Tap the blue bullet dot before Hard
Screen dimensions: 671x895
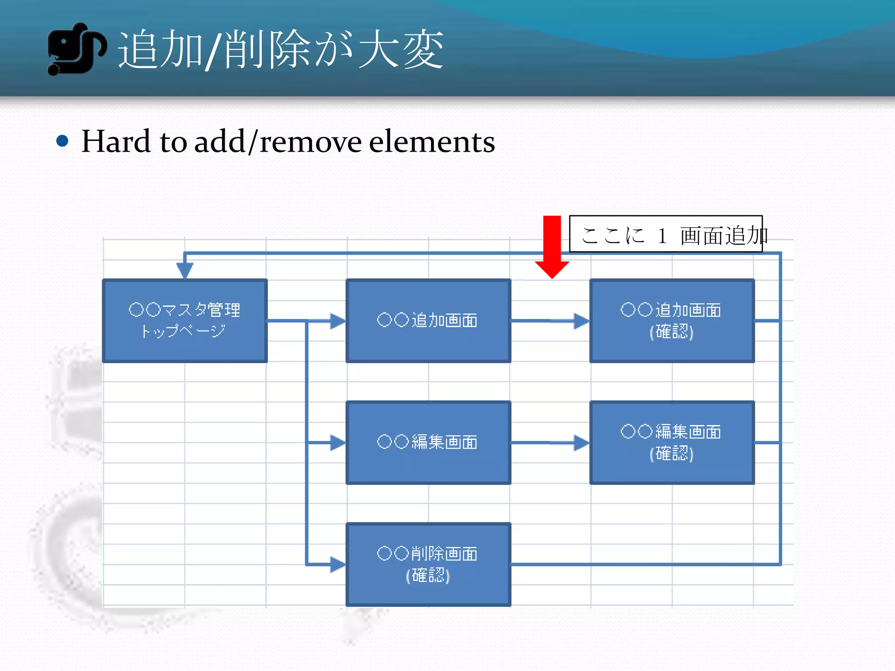[x=62, y=141]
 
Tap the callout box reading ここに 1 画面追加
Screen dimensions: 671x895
[x=666, y=234]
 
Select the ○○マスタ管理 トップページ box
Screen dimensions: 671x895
[x=184, y=321]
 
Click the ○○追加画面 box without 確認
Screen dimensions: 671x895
[x=428, y=321]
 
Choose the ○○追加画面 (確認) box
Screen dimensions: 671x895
[x=672, y=321]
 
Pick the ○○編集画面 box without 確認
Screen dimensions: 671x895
[x=428, y=443]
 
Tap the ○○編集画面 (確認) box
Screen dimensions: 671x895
[x=672, y=443]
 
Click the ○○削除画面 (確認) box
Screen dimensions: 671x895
[x=428, y=564]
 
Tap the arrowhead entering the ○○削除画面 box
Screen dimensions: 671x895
[x=337, y=564]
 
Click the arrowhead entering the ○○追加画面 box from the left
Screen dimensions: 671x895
[x=337, y=321]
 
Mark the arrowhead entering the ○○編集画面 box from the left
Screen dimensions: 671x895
[x=337, y=443]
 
